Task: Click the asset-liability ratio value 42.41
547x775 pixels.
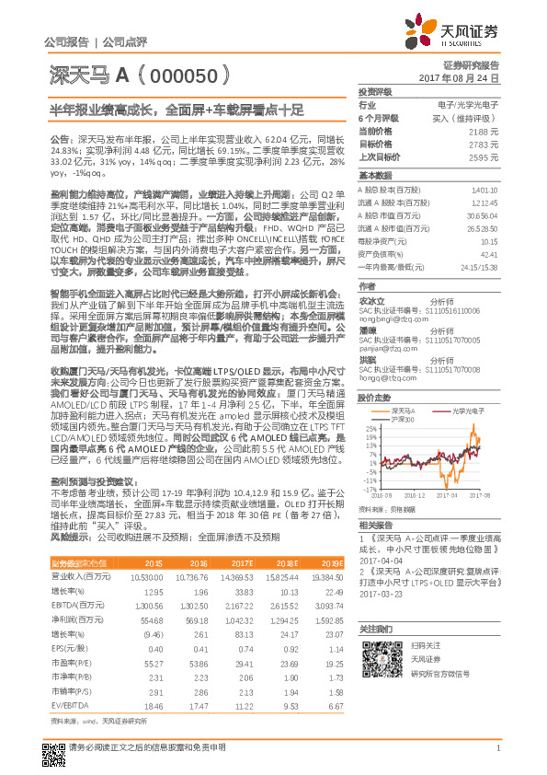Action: click(x=489, y=254)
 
